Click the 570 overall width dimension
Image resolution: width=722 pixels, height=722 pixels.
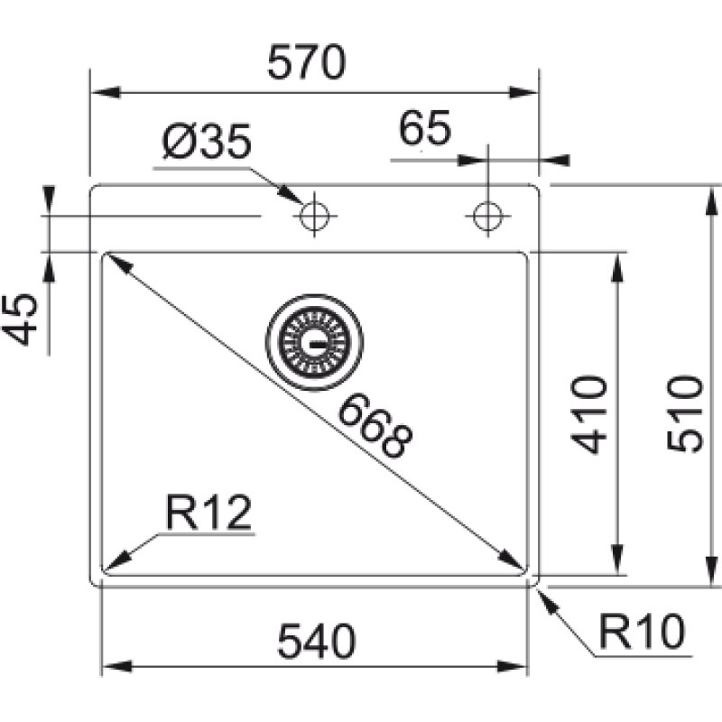306,62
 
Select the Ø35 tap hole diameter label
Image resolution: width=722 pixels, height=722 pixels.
208,141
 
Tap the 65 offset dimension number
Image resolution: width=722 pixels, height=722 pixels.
424,128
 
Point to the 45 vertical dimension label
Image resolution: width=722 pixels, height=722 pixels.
20,319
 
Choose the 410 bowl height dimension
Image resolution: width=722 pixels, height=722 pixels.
589,415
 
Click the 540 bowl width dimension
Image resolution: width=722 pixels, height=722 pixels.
317,641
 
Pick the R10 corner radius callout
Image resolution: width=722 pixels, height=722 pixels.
643,631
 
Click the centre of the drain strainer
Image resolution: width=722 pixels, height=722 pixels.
314,343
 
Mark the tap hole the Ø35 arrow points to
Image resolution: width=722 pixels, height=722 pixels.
314,216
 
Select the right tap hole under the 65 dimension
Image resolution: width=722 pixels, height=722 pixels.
488,216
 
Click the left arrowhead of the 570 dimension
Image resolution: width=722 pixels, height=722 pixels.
106,92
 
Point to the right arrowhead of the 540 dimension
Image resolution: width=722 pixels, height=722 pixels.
512,666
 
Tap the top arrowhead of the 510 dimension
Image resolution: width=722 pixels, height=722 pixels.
711,200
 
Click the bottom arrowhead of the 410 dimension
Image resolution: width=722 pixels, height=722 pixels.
617,559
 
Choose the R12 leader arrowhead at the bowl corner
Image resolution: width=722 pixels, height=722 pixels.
116,561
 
